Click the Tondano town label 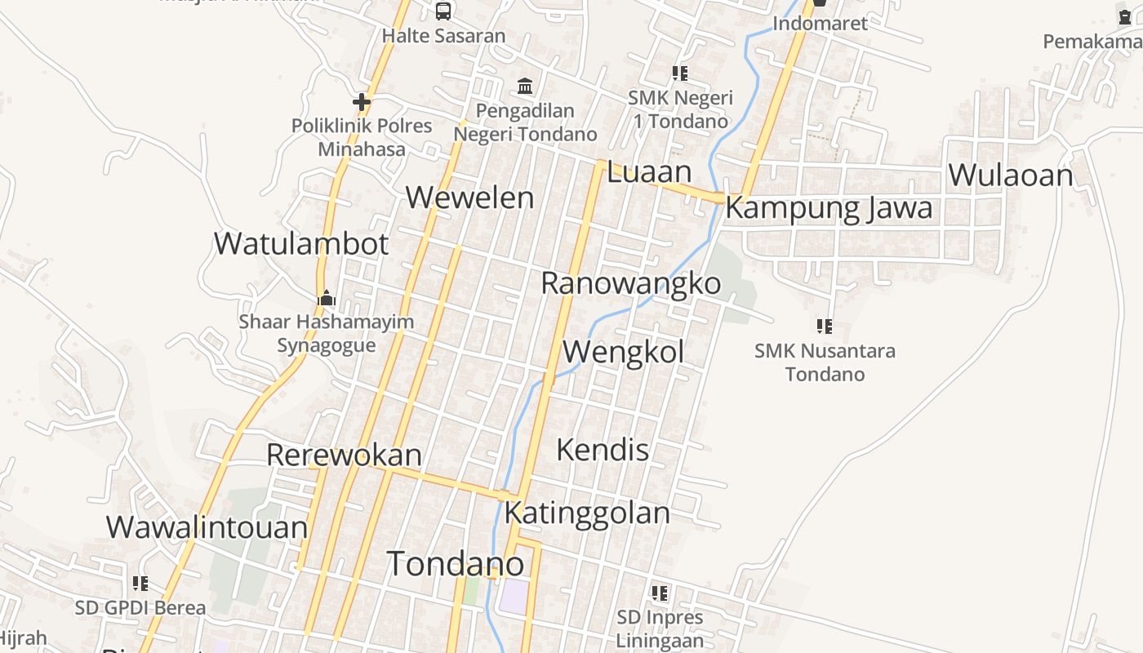(x=455, y=564)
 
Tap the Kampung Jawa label (x=828, y=207)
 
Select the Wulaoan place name (x=1010, y=175)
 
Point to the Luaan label (x=649, y=172)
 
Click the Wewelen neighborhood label (x=469, y=198)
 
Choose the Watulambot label (x=300, y=243)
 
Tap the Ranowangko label (x=630, y=283)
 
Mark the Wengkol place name (x=624, y=352)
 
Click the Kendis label (x=603, y=450)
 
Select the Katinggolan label (x=586, y=513)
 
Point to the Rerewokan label (x=344, y=455)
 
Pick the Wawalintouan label (x=207, y=527)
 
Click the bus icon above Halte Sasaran (x=443, y=11)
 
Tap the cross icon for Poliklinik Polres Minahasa (x=361, y=102)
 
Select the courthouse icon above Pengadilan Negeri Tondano (x=525, y=86)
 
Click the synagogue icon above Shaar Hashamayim (x=327, y=298)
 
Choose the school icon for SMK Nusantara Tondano (x=825, y=326)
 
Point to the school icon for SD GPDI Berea (x=140, y=584)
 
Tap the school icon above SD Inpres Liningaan (x=659, y=593)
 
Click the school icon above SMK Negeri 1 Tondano (x=680, y=73)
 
